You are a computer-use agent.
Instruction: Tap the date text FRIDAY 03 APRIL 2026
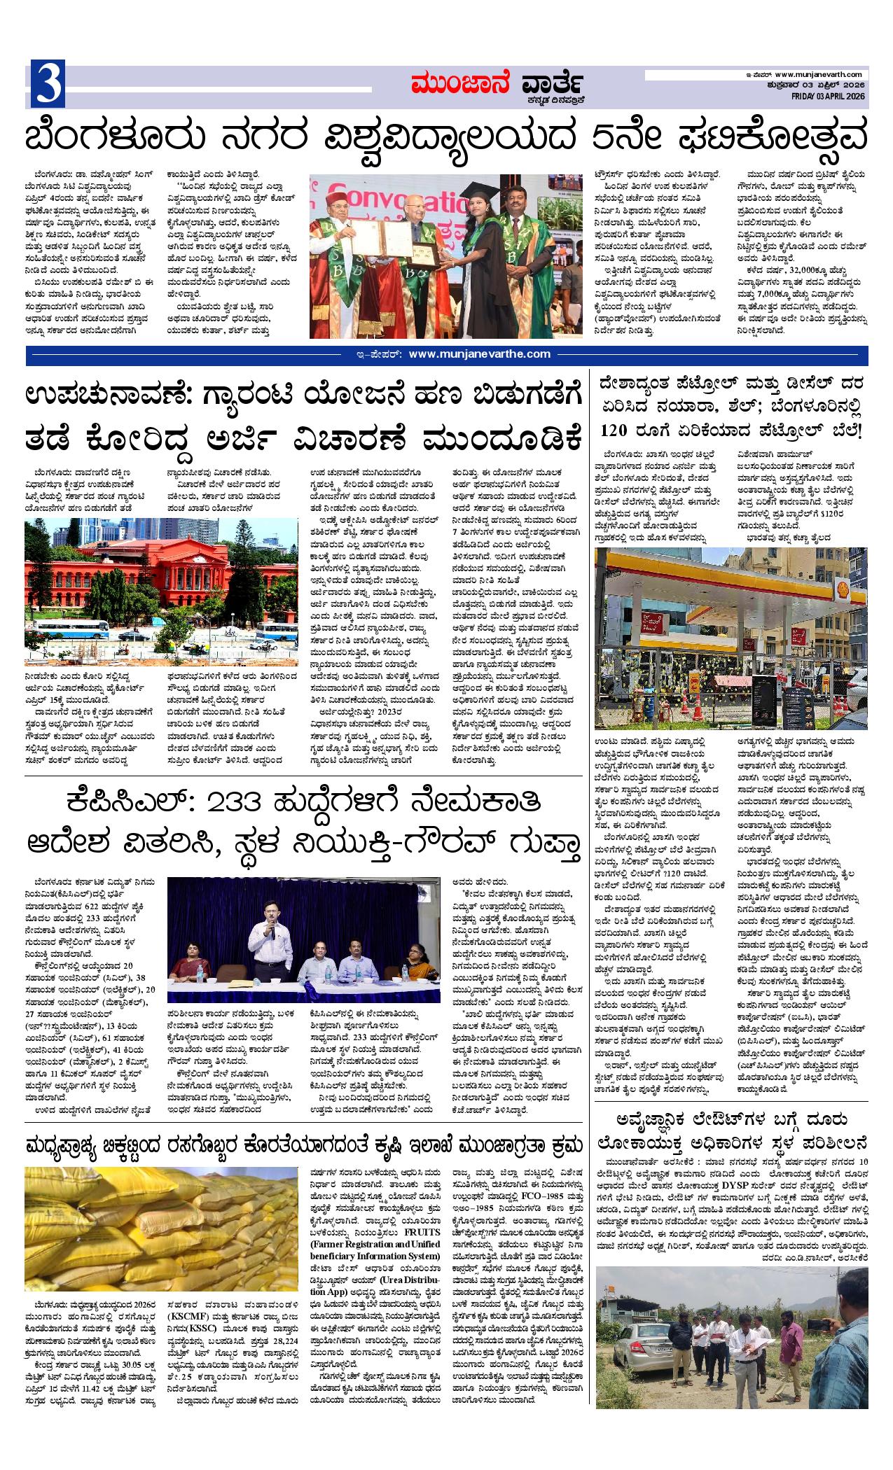coord(830,96)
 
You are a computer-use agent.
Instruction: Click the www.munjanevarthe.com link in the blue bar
coord(479,354)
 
